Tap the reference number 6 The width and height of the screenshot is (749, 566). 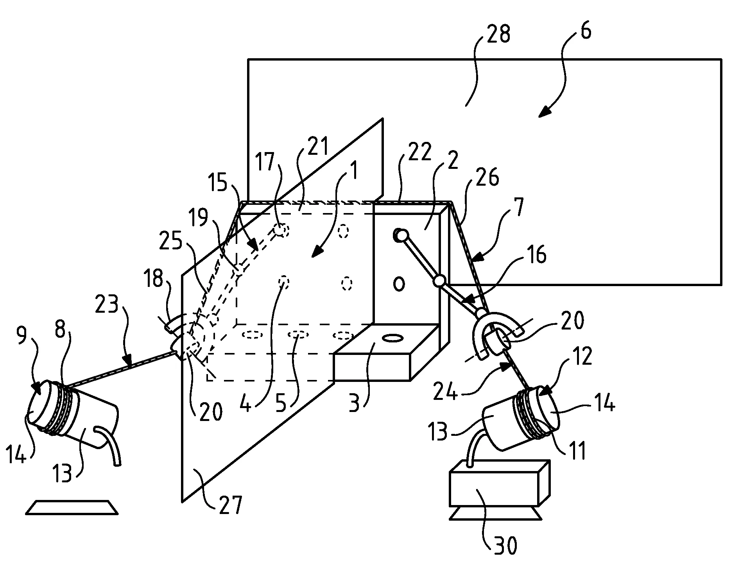(x=585, y=31)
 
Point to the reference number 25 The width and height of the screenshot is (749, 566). (x=170, y=242)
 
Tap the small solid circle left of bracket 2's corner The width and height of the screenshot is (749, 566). (x=398, y=284)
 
